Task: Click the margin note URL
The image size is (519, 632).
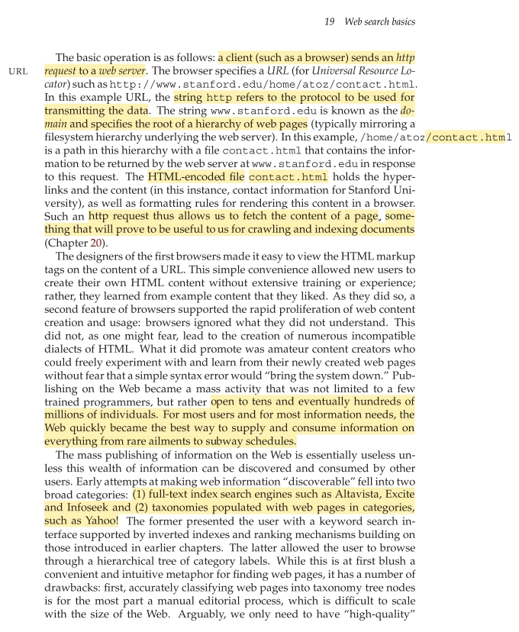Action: (x=17, y=71)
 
